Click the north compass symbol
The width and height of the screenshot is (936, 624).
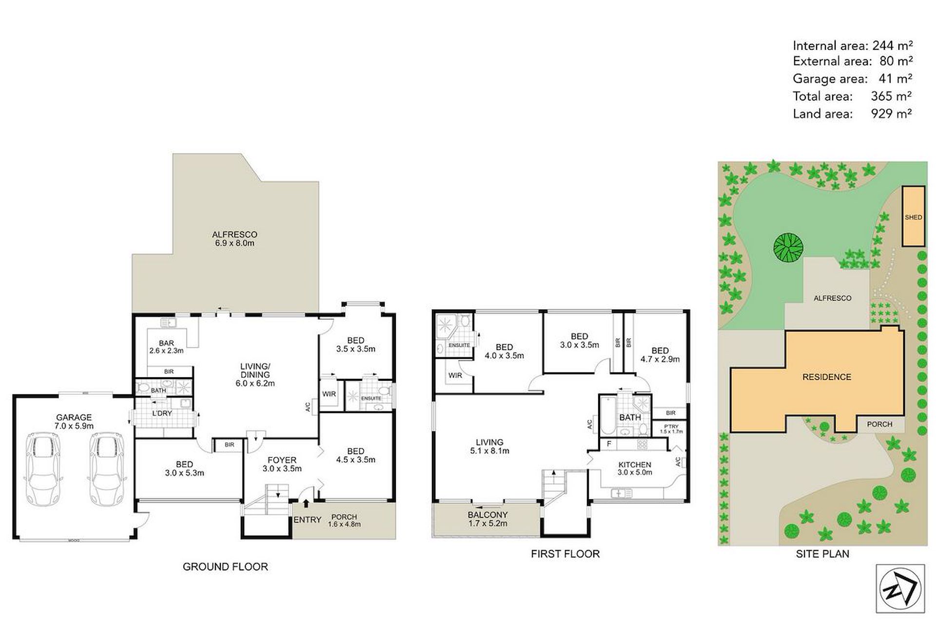pyautogui.click(x=900, y=588)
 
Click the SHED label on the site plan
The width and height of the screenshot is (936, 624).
pyautogui.click(x=913, y=217)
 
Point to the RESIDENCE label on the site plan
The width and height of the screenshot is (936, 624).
pyautogui.click(x=827, y=377)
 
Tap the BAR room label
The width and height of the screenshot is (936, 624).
pyautogui.click(x=166, y=343)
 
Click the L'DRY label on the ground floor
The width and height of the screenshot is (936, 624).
pyautogui.click(x=162, y=413)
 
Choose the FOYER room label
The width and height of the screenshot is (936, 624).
pyautogui.click(x=282, y=460)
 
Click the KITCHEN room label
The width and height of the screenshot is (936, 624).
pyautogui.click(x=635, y=465)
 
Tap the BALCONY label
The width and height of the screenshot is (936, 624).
pyautogui.click(x=487, y=515)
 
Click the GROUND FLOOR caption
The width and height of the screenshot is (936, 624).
pyautogui.click(x=225, y=566)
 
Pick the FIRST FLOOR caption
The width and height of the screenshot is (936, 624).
pyautogui.click(x=565, y=553)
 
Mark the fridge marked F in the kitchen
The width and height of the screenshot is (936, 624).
pyautogui.click(x=609, y=444)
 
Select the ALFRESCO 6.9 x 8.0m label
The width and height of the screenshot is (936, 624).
pyautogui.click(x=234, y=238)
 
